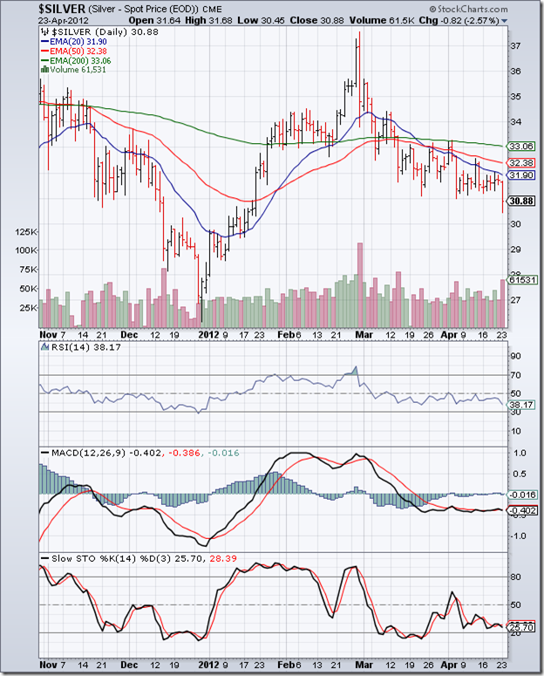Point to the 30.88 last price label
tap(520, 201)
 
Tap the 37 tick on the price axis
tap(515, 45)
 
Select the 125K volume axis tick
tap(24, 232)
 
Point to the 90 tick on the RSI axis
tap(515, 356)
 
